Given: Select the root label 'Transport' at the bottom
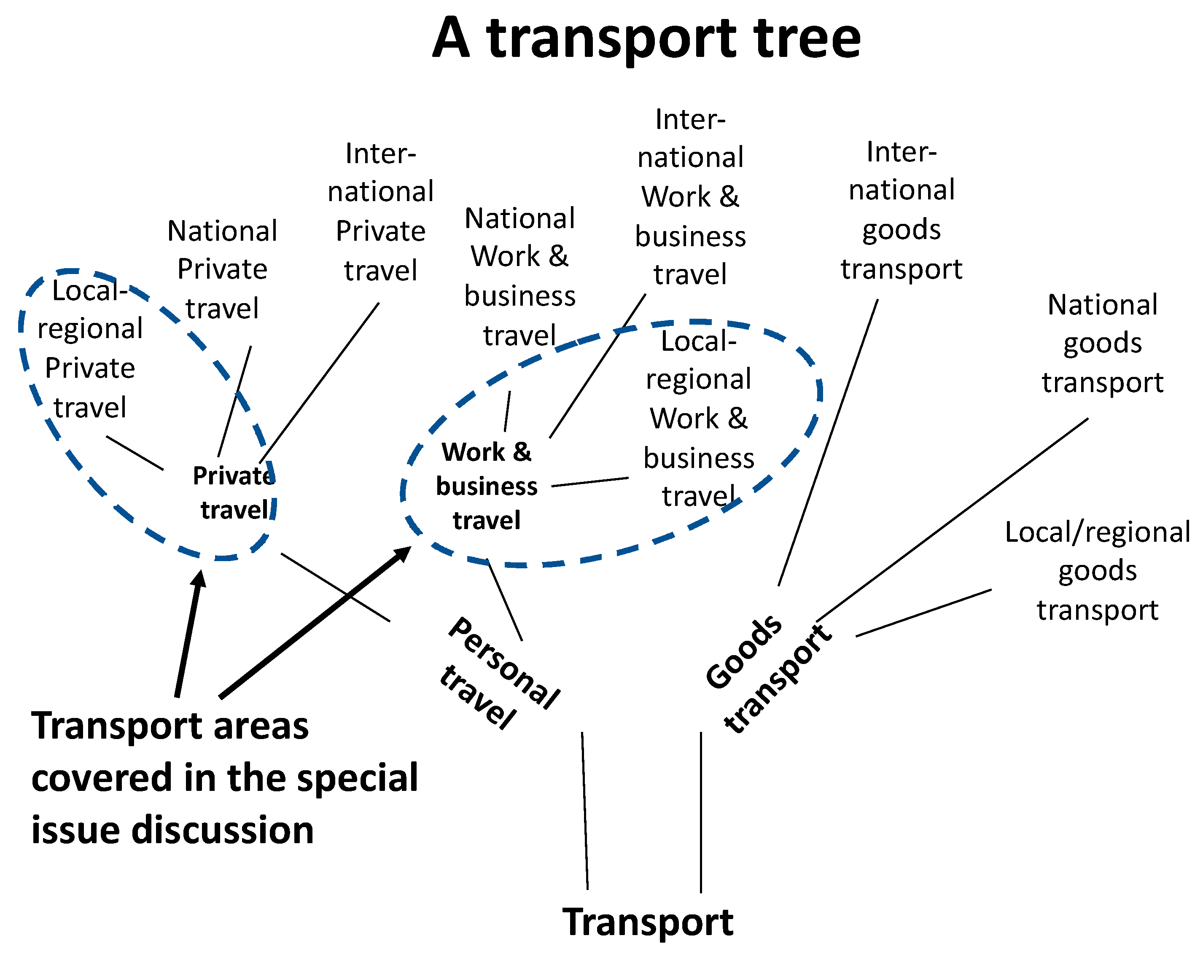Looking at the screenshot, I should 647,922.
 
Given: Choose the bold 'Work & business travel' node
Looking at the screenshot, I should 486,486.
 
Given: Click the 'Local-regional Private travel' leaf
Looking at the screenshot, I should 89,349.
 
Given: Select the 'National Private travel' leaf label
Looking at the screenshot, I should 222,269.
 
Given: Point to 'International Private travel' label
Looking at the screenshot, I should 380,212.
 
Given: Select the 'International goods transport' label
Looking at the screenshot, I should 901,210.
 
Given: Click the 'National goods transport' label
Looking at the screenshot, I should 1102,343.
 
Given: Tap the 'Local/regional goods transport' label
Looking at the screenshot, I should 1097,570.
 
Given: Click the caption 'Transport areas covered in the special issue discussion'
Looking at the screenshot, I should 223,778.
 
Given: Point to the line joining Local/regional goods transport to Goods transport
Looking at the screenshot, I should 923,613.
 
